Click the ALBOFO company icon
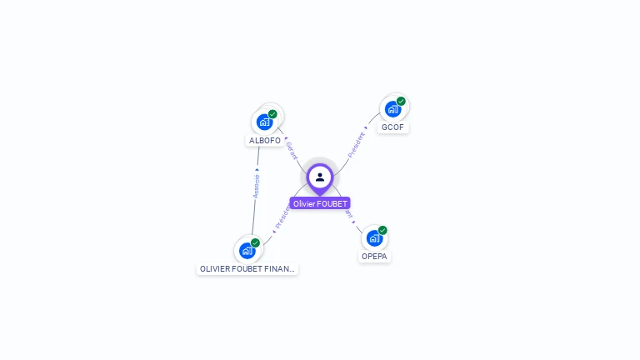pos(264,122)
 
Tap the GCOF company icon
pos(392,108)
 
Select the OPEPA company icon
pos(374,237)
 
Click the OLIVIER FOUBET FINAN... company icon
pos(247,250)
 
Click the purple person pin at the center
pos(320,177)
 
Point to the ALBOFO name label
pos(265,141)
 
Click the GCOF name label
pos(393,127)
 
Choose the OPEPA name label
pos(375,257)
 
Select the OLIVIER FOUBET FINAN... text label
pos(247,269)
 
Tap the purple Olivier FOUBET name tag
pos(320,203)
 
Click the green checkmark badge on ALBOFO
pos(272,114)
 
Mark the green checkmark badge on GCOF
pos(401,101)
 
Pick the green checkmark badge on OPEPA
pos(382,230)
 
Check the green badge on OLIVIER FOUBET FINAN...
pos(255,242)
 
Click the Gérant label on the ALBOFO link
pos(292,150)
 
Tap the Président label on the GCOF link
pos(356,144)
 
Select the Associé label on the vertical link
pos(257,186)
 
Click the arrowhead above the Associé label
pos(257,169)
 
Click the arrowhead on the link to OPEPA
pos(353,222)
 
